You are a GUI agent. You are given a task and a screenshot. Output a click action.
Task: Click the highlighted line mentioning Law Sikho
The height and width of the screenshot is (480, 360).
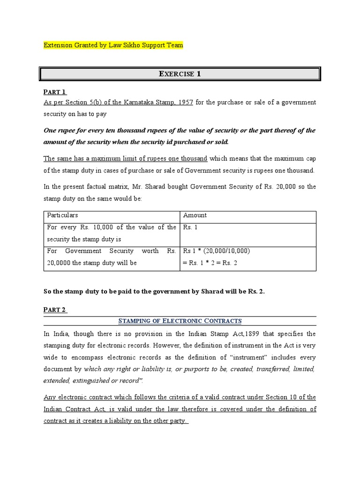coord(113,45)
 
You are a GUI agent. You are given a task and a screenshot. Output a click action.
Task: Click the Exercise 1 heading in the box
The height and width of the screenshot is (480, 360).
coord(180,74)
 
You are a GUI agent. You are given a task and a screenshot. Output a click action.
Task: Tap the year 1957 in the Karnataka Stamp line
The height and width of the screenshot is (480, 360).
coord(183,102)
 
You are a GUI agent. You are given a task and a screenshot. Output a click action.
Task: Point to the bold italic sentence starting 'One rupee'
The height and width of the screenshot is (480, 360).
coord(180,136)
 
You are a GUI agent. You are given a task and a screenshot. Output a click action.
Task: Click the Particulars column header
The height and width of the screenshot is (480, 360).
coord(63,215)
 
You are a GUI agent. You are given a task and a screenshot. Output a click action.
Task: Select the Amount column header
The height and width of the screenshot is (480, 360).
coord(195,215)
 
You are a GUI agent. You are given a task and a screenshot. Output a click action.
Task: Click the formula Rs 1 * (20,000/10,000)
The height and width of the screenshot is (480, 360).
coord(216,251)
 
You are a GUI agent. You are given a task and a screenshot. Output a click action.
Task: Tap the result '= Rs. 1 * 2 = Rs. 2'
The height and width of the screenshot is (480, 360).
coord(210,262)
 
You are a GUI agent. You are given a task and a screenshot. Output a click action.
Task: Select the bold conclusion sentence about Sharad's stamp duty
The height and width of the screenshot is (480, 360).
coord(154,291)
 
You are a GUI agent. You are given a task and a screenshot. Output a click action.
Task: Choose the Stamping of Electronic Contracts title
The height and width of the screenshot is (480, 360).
coord(180,321)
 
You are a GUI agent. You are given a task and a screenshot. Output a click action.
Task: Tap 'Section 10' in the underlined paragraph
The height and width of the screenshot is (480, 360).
coord(284,397)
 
